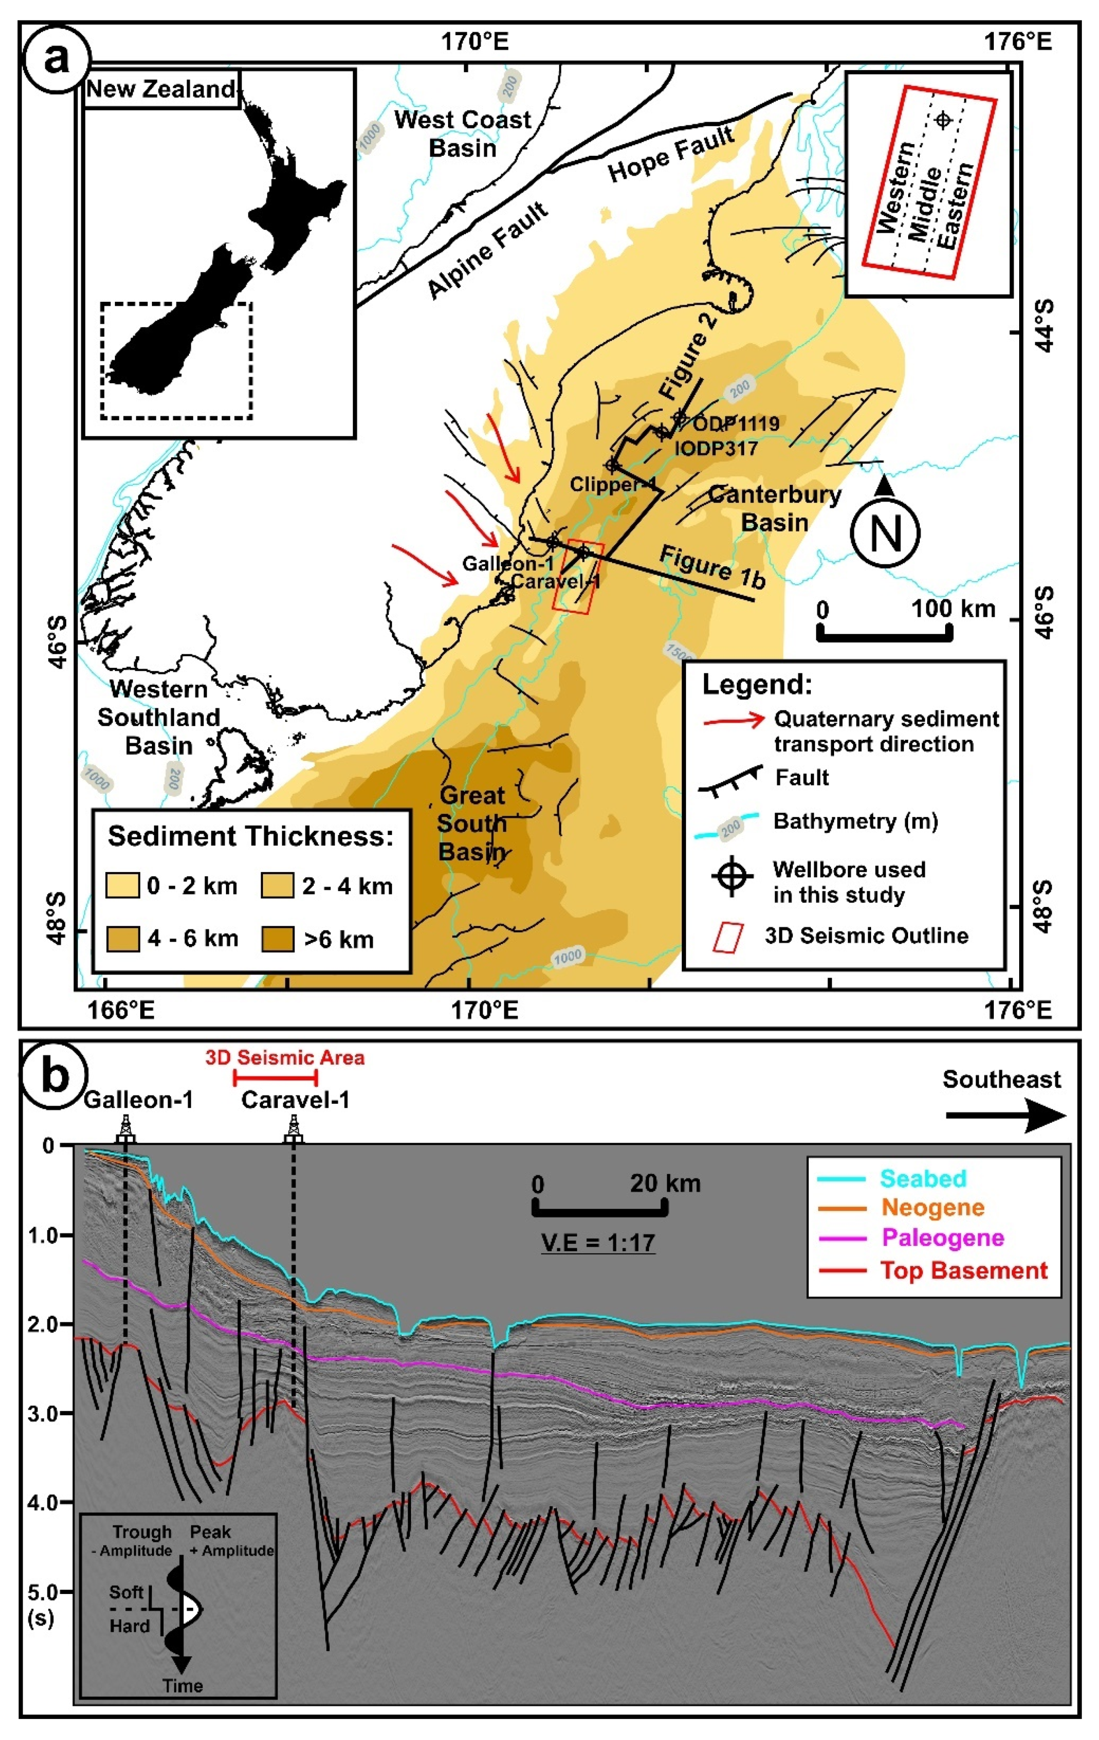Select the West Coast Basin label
point(463,134)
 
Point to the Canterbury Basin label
point(775,508)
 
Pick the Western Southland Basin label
point(159,717)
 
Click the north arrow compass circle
point(886,533)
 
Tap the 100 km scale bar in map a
point(884,634)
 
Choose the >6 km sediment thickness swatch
point(278,939)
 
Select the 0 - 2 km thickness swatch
point(123,885)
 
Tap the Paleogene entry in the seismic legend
point(942,1237)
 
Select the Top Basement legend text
point(963,1270)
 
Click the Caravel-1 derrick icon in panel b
point(293,1129)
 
